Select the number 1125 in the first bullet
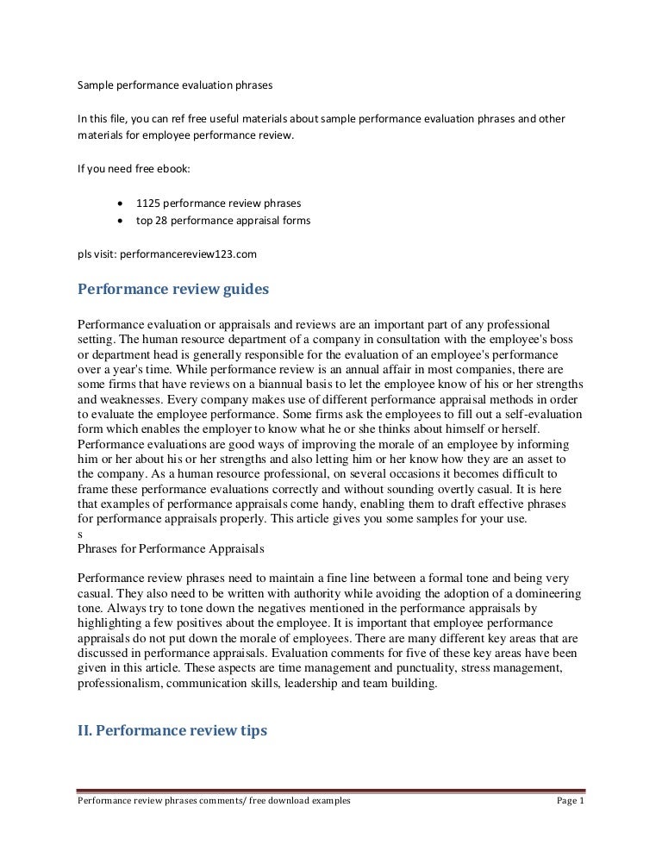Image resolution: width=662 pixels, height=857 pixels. pyautogui.click(x=149, y=203)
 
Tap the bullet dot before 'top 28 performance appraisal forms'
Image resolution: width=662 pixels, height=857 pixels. pyautogui.click(x=119, y=221)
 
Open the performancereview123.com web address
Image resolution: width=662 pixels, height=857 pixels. pyautogui.click(x=188, y=254)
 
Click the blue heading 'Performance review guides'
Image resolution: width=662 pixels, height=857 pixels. pyautogui.click(x=173, y=290)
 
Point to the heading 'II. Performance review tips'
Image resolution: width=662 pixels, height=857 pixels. pyautogui.click(x=172, y=730)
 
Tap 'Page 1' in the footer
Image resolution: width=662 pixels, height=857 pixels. pyautogui.click(x=571, y=801)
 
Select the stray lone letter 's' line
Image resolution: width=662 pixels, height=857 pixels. pyautogui.click(x=80, y=532)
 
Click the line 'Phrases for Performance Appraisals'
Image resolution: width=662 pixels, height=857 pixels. pyautogui.click(x=171, y=547)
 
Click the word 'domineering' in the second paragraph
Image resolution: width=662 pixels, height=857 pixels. pyautogui.click(x=547, y=595)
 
